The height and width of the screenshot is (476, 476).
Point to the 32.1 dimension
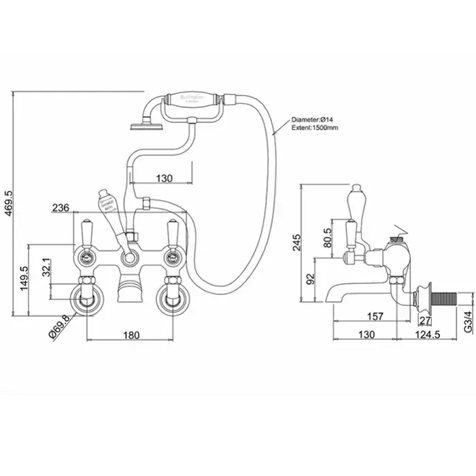tap(47, 267)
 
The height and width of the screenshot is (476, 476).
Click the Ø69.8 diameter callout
tap(58, 323)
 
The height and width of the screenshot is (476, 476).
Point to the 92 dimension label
tap(311, 277)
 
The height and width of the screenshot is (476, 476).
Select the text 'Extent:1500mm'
tap(316, 127)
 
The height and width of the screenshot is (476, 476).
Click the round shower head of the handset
tap(143, 124)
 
